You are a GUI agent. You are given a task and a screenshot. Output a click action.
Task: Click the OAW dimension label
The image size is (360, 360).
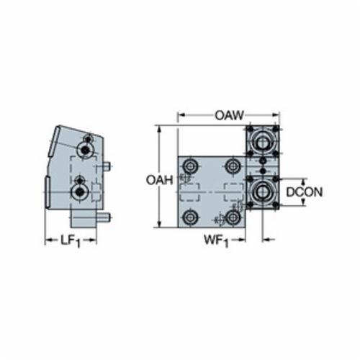[x=229, y=115]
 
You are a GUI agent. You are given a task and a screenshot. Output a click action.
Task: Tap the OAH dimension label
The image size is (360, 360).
[x=159, y=180]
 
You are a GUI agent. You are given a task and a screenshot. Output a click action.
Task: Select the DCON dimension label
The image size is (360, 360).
[x=305, y=192]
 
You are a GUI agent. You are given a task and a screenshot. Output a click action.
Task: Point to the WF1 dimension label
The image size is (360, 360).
[x=217, y=240]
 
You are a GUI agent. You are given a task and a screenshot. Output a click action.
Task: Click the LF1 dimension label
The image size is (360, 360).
[x=70, y=240]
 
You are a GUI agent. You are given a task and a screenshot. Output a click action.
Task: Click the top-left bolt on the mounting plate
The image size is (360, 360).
[x=190, y=166]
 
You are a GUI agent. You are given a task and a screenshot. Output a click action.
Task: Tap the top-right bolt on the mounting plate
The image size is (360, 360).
[x=233, y=166]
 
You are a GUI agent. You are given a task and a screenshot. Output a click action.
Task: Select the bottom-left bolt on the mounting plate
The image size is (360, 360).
[x=191, y=217]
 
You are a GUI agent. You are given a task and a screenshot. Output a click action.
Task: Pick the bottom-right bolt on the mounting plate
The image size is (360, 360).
[x=233, y=217]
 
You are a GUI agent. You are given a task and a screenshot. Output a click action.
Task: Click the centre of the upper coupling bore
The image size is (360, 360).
[x=263, y=143]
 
